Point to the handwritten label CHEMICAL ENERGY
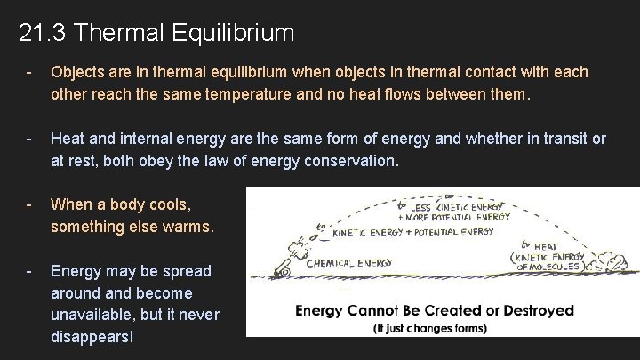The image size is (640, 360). [x=355, y=263]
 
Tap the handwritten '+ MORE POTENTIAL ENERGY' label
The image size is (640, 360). [x=454, y=215]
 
